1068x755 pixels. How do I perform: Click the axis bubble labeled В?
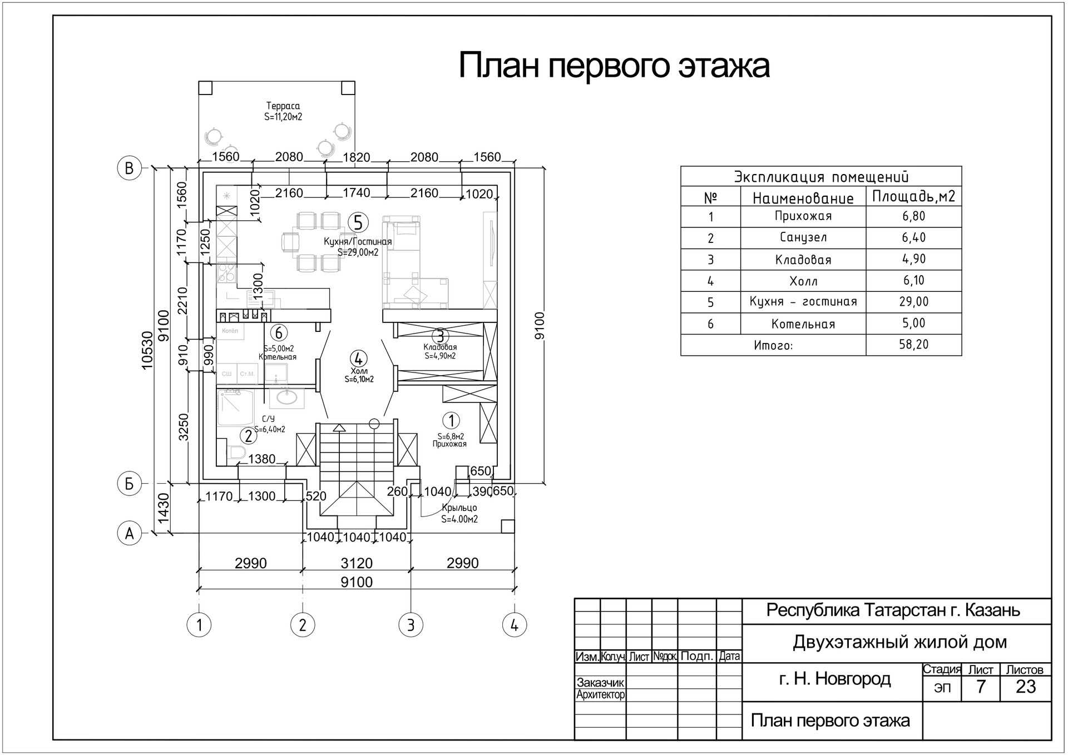(129, 168)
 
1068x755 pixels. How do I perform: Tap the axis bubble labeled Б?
(129, 484)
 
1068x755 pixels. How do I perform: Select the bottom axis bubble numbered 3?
(411, 625)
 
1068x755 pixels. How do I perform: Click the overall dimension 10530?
(147, 350)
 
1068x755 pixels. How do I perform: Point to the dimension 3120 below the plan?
(357, 563)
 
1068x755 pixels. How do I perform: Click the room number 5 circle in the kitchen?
(358, 223)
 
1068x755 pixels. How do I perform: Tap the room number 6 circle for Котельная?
(279, 333)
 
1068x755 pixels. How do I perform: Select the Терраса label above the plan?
(283, 106)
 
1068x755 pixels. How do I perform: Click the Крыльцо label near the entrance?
(459, 508)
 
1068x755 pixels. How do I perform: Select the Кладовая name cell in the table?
(803, 260)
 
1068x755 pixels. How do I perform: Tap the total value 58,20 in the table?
(914, 345)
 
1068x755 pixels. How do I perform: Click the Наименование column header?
(803, 198)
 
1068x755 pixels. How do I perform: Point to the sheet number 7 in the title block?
(981, 687)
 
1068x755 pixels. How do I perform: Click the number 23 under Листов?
(1025, 687)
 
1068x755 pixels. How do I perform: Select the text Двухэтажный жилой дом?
(899, 642)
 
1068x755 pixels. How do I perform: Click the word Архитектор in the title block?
(601, 695)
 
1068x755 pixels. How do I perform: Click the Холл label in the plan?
(359, 371)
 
